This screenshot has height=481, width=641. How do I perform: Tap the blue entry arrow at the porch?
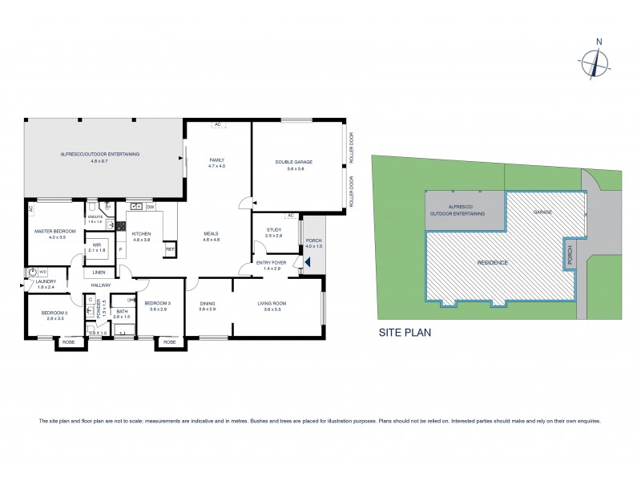click(x=308, y=261)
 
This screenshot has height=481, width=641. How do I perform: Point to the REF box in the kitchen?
click(x=170, y=249)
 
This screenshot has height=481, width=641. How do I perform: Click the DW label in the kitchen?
click(x=151, y=207)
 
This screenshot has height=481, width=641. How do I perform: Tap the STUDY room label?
click(x=274, y=232)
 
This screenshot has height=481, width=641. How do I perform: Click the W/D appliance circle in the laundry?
click(x=32, y=272)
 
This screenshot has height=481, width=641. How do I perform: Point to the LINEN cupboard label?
click(x=100, y=272)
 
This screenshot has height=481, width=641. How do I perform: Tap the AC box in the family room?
click(x=217, y=124)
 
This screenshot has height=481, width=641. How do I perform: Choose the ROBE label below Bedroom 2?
click(x=68, y=342)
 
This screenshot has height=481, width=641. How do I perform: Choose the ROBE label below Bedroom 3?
click(x=169, y=342)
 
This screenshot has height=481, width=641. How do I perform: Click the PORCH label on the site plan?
click(x=570, y=256)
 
